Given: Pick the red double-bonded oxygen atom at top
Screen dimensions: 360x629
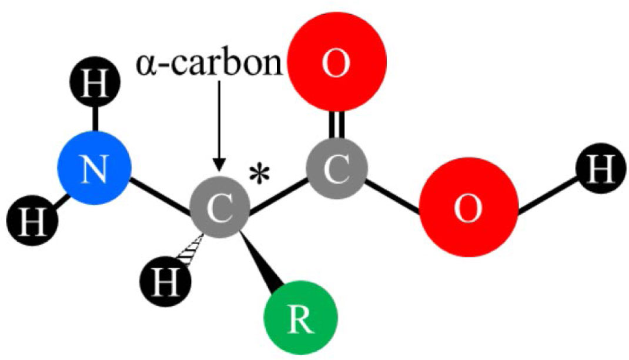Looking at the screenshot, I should point(336,66).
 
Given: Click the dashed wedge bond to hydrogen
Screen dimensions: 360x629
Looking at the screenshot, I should point(193,250).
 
